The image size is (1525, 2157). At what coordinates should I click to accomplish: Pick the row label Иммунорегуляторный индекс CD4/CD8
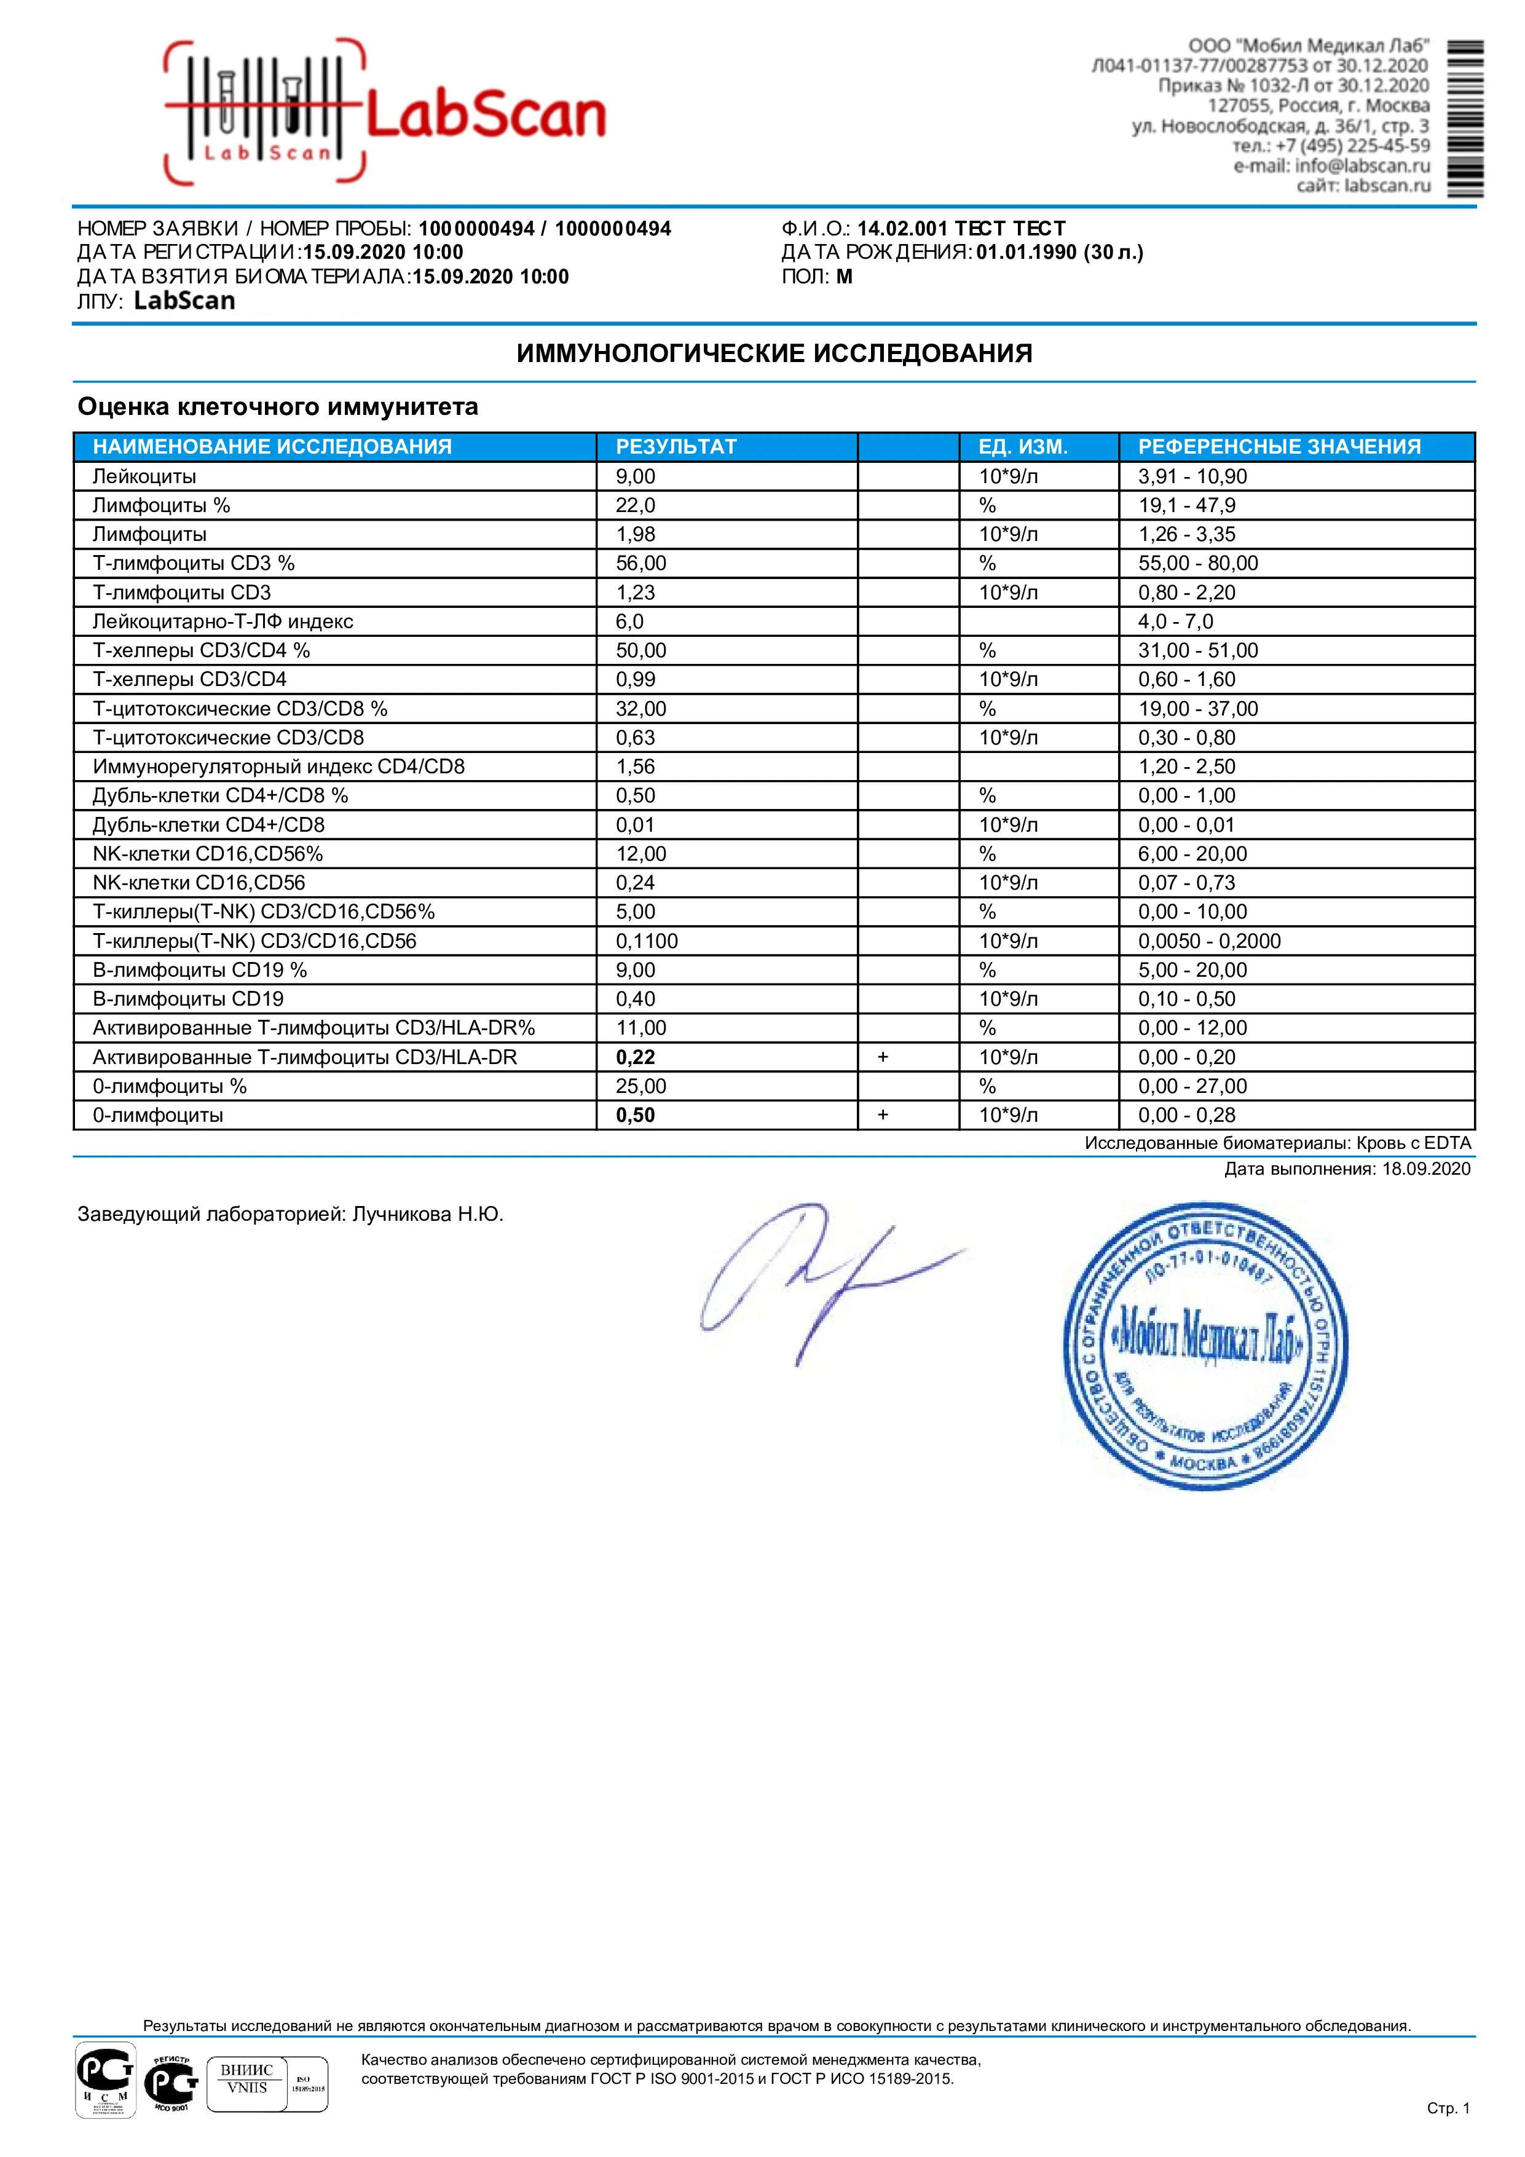click(x=278, y=767)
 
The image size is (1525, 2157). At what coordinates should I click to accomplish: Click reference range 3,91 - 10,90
click(x=1192, y=476)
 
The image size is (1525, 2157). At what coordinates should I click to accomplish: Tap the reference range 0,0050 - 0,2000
click(x=1209, y=940)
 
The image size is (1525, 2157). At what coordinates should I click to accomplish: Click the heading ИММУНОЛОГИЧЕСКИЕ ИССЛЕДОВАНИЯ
click(x=774, y=354)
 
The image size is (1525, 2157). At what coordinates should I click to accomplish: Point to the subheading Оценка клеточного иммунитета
click(x=277, y=407)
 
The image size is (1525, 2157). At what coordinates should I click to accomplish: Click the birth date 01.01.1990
click(x=1026, y=252)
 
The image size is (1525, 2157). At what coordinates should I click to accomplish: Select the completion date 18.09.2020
click(x=1425, y=1169)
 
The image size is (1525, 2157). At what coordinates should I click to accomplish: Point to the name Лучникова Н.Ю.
click(x=428, y=1215)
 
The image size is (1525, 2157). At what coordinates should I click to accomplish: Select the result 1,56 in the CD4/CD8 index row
click(x=635, y=767)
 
